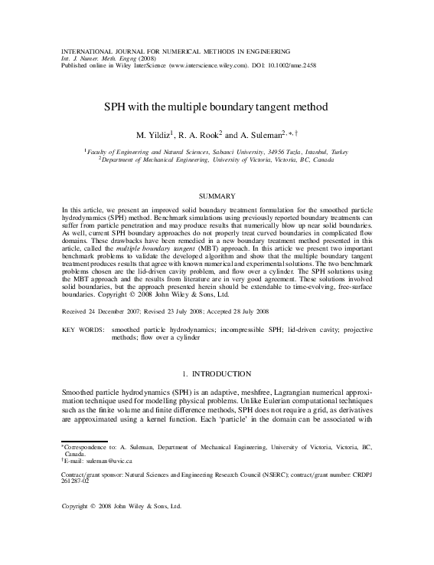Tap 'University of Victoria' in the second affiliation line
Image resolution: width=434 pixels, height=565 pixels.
tap(247, 160)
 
